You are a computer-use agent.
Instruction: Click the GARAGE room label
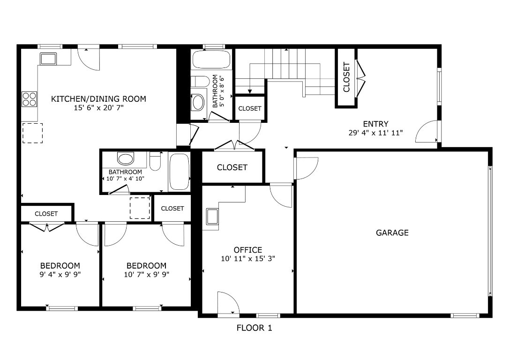392,232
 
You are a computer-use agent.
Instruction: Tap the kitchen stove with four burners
29,99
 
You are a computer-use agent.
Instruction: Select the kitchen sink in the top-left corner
48,59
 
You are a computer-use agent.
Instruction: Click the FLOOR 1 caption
254,328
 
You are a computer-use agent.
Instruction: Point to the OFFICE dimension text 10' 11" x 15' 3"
247,259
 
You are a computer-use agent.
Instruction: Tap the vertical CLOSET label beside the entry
346,77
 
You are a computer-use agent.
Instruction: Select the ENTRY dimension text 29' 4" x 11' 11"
375,133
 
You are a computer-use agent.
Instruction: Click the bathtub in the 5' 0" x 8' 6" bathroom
211,60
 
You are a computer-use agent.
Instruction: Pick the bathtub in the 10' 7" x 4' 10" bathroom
179,172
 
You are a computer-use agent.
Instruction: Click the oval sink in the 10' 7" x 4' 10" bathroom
126,158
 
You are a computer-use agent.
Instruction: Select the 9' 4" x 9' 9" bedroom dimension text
60,275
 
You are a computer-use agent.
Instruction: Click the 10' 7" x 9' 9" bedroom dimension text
146,275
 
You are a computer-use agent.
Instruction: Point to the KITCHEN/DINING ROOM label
98,99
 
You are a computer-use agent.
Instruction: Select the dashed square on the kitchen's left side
32,133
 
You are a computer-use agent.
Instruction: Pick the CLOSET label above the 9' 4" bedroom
46,214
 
